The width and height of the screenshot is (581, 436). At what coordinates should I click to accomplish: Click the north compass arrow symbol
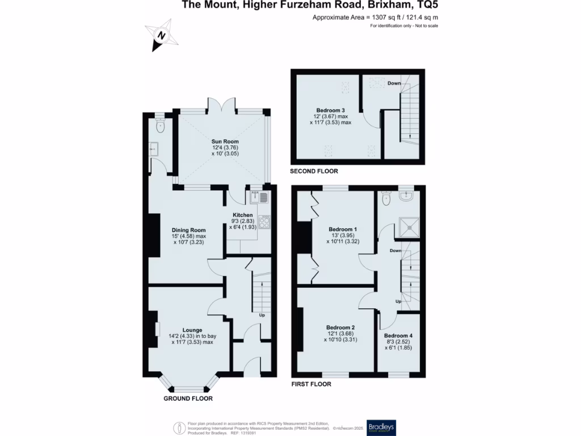click(162, 35)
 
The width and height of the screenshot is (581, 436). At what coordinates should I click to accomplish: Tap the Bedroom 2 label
click(340, 328)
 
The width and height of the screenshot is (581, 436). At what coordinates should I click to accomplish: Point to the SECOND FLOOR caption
click(314, 171)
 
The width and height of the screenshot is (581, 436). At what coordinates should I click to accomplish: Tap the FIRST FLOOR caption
click(311, 384)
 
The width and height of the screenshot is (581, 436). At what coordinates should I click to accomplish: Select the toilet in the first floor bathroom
click(387, 198)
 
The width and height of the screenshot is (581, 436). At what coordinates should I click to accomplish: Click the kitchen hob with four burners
click(264, 222)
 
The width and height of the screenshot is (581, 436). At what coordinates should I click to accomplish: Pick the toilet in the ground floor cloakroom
click(159, 127)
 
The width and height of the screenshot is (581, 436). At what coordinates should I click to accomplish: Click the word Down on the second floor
click(394, 83)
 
